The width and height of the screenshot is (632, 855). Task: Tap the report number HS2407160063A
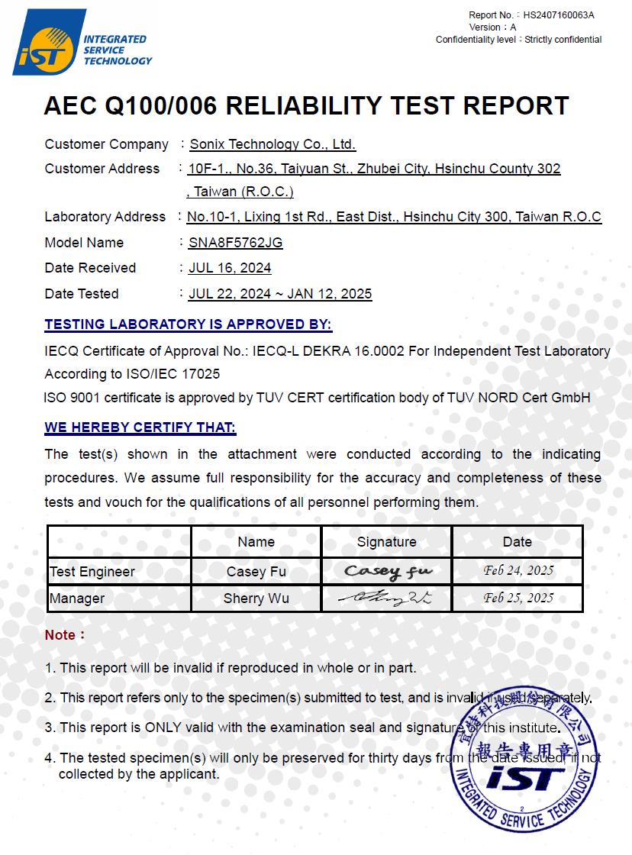pos(559,15)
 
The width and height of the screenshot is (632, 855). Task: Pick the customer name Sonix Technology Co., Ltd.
pos(272,144)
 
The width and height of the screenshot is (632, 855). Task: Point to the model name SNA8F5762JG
pos(235,243)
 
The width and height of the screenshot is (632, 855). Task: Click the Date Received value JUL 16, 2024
pos(230,268)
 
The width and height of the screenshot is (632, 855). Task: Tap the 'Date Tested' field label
pos(82,294)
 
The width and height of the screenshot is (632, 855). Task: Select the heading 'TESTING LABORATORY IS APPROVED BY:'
pos(188,324)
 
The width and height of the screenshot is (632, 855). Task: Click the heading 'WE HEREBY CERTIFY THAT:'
pos(140,427)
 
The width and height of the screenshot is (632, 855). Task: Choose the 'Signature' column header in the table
pos(386,542)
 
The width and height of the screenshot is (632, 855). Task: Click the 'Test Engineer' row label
pos(92,572)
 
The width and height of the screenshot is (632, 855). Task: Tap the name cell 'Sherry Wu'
pos(256,598)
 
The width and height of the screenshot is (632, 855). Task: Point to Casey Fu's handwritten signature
pos(387,571)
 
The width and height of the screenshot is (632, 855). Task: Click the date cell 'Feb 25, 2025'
pos(518,598)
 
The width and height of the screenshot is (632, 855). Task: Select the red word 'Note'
pos(60,635)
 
